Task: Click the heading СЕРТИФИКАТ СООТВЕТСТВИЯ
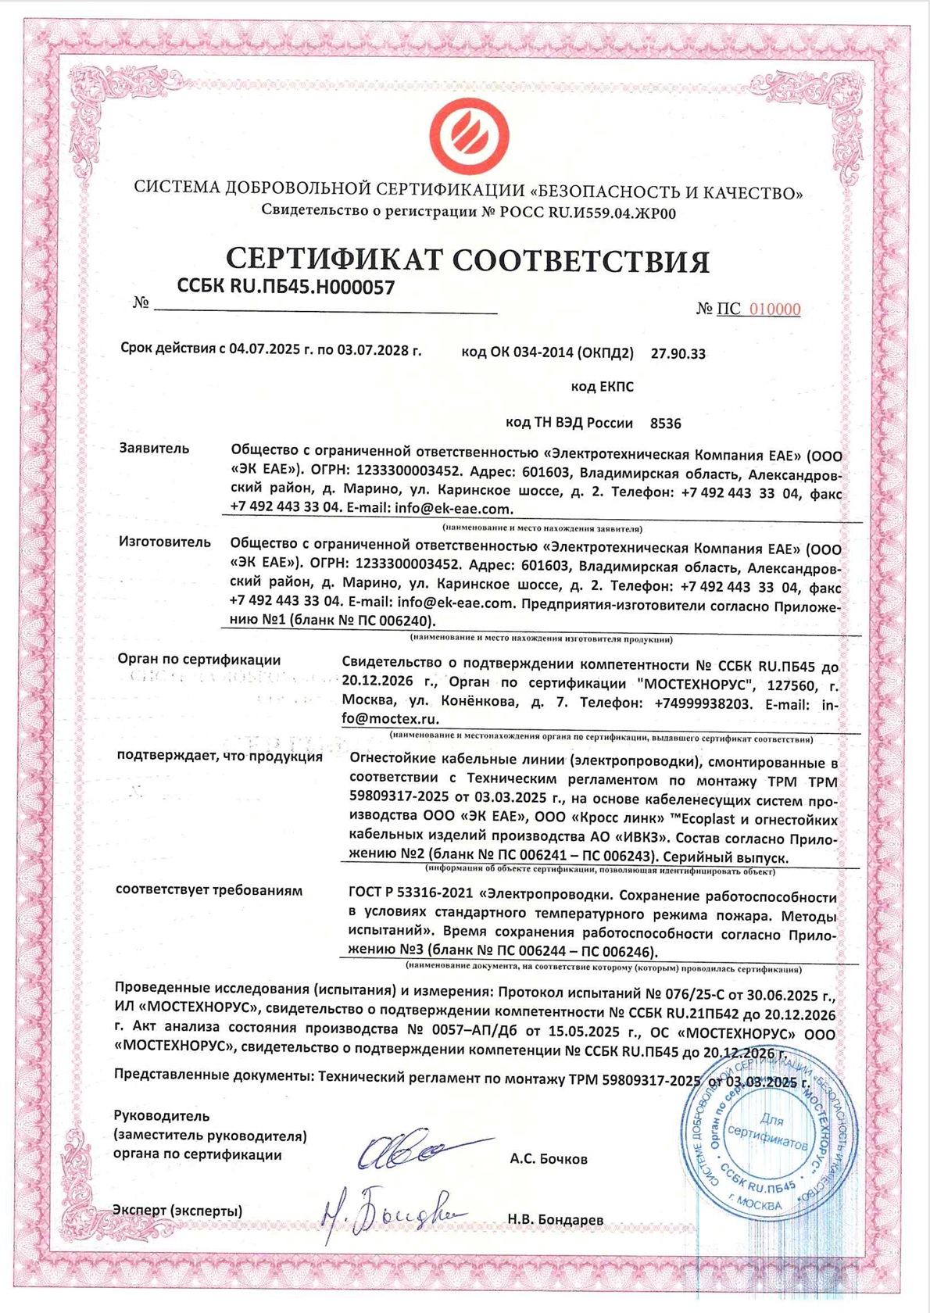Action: click(x=467, y=260)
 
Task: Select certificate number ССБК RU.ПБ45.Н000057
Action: click(x=286, y=287)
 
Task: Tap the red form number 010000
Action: click(x=774, y=309)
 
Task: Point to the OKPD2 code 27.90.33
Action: click(x=678, y=354)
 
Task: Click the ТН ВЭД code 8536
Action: click(x=665, y=424)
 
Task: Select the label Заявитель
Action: click(x=154, y=449)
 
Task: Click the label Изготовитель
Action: click(x=165, y=542)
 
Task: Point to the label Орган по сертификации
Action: click(x=199, y=660)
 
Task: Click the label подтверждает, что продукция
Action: click(x=220, y=757)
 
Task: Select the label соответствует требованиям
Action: click(x=209, y=890)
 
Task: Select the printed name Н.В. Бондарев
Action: click(x=555, y=1219)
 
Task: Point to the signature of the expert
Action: click(x=391, y=1214)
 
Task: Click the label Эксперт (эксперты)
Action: click(x=177, y=1211)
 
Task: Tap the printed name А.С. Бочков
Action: click(x=548, y=1159)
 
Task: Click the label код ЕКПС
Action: click(x=602, y=387)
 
